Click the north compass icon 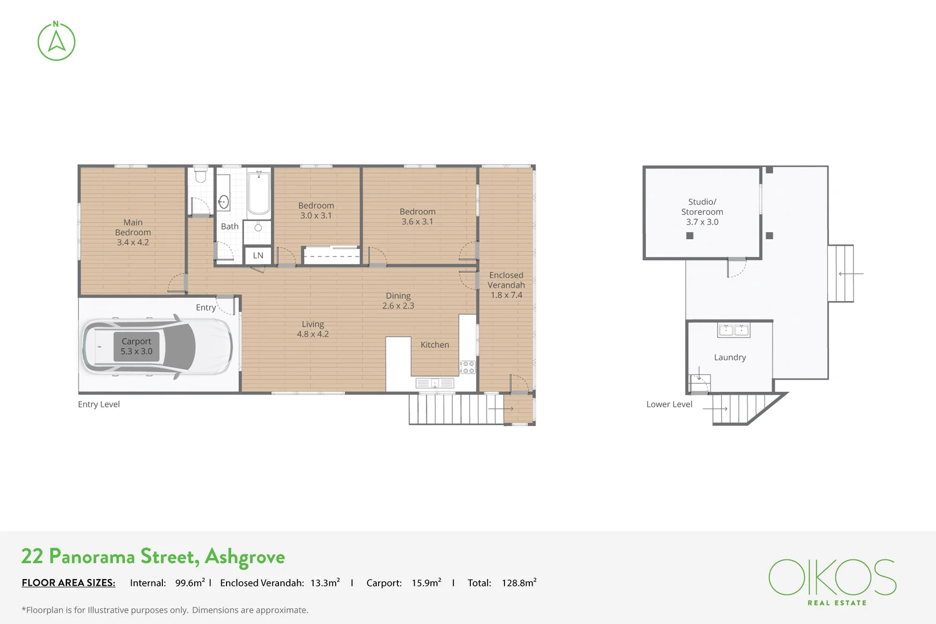click(56, 42)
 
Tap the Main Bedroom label click(133, 232)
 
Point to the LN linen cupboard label click(258, 255)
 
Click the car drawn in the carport click(157, 347)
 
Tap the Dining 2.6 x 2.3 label click(398, 300)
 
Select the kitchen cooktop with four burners click(467, 367)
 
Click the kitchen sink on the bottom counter click(435, 383)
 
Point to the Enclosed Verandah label click(506, 285)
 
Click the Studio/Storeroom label click(702, 211)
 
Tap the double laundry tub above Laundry click(733, 330)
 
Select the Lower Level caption click(669, 404)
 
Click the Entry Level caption click(99, 404)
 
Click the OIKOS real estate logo click(832, 581)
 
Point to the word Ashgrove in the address click(245, 556)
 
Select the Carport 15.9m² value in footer click(426, 583)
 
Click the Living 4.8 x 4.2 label click(313, 329)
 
